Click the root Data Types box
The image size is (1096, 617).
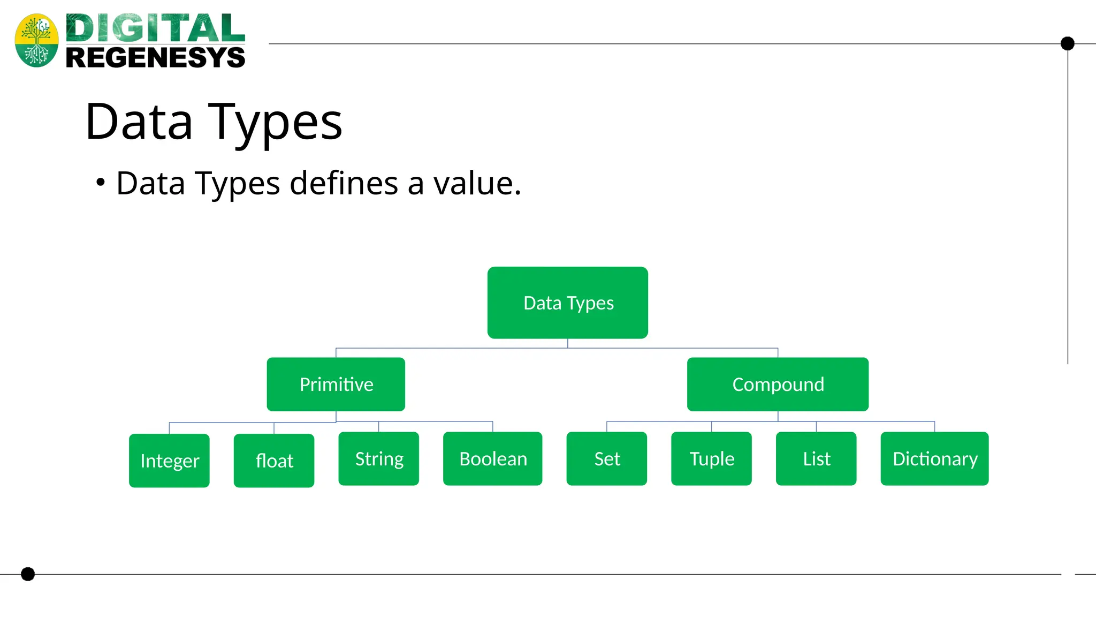point(567,303)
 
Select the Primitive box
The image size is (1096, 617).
point(336,384)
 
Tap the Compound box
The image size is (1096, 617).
point(778,384)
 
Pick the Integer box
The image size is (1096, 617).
point(169,461)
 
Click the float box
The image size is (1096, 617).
point(274,461)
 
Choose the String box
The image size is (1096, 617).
point(379,458)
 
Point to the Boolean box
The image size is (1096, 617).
point(492,458)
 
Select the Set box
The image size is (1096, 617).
point(607,458)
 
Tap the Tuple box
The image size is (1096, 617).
point(711,458)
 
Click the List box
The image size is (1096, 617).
point(816,458)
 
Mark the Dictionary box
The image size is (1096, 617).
point(934,458)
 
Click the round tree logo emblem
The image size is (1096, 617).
point(36,41)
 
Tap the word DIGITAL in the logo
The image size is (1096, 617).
point(155,28)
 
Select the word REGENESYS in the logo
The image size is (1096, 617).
point(155,57)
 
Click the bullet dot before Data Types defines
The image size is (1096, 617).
point(101,183)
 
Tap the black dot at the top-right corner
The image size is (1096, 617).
point(1068,43)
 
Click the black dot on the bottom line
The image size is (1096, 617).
point(28,574)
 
